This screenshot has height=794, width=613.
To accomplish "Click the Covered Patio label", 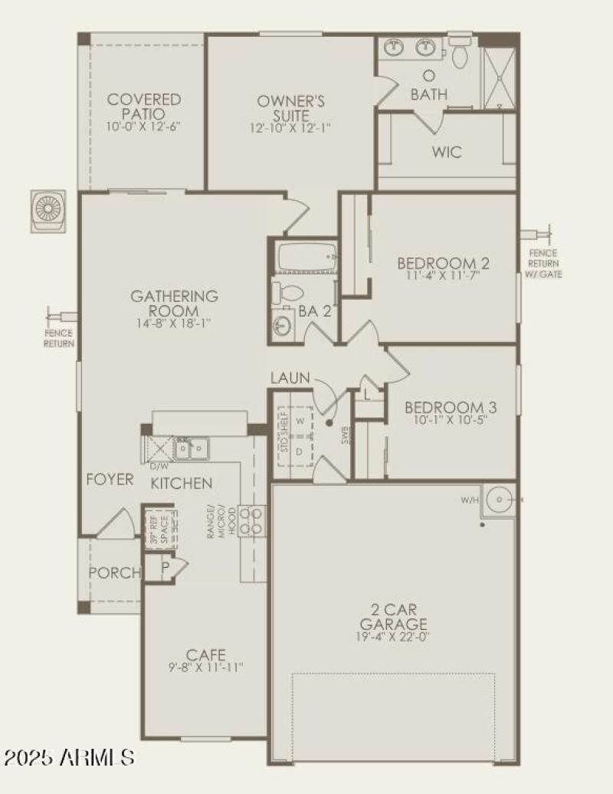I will pyautogui.click(x=144, y=107).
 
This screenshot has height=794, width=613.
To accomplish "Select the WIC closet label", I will pyautogui.click(x=447, y=152).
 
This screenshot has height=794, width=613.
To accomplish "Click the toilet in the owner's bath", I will pyautogui.click(x=461, y=53).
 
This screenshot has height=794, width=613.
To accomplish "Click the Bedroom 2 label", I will pyautogui.click(x=443, y=264).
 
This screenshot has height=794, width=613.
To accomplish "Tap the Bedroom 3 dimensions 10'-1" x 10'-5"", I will pyautogui.click(x=444, y=419).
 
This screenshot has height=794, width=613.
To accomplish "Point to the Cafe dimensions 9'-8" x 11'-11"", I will pyautogui.click(x=206, y=667).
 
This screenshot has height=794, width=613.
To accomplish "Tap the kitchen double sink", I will pyautogui.click(x=192, y=448).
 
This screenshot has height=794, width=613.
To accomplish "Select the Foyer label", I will pyautogui.click(x=110, y=481).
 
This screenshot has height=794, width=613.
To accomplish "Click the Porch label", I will pyautogui.click(x=115, y=573).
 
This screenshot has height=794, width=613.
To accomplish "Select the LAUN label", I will pyautogui.click(x=290, y=378).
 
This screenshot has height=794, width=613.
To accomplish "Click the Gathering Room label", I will pyautogui.click(x=174, y=303).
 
